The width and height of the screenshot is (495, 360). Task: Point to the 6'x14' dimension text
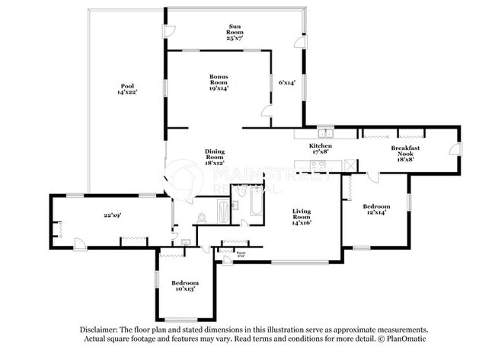(x=286, y=82)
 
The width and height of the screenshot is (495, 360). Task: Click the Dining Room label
(x=215, y=157)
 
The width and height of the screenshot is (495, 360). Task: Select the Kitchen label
(x=320, y=148)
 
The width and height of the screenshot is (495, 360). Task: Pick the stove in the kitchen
(x=347, y=165)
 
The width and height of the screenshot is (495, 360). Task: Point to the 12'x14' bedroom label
(x=376, y=210)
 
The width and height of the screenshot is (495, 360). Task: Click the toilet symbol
(x=202, y=219)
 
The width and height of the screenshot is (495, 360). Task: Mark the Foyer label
(x=241, y=253)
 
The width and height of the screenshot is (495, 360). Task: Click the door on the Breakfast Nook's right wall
(x=454, y=149)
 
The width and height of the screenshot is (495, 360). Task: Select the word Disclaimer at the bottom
(x=102, y=330)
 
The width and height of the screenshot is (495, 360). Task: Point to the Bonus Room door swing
(x=267, y=112)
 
